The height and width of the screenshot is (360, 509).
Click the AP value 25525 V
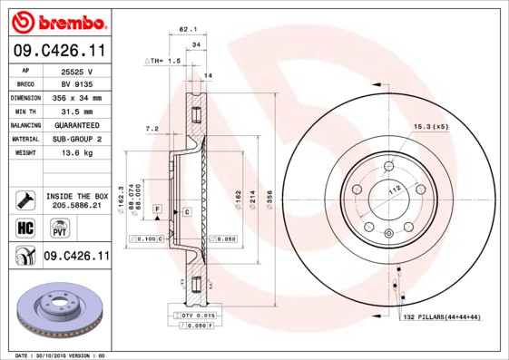click(x=76, y=70)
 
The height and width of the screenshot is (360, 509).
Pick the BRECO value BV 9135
click(x=76, y=83)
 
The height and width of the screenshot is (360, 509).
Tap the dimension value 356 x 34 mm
click(x=76, y=97)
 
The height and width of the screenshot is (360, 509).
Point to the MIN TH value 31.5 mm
click(x=76, y=111)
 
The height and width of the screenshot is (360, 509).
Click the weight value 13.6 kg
click(x=76, y=152)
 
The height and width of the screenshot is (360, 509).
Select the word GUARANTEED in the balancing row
click(x=76, y=124)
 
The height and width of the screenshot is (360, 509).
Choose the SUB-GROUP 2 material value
click(x=76, y=139)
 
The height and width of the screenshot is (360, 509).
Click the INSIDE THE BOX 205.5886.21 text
click(x=76, y=201)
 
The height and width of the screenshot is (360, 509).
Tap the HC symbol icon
click(x=24, y=227)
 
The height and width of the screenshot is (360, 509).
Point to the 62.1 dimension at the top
click(x=188, y=30)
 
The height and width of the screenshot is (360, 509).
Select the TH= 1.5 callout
click(x=164, y=60)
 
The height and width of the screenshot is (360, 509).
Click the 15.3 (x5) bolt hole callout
click(x=432, y=125)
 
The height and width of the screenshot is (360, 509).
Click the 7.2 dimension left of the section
click(x=152, y=130)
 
